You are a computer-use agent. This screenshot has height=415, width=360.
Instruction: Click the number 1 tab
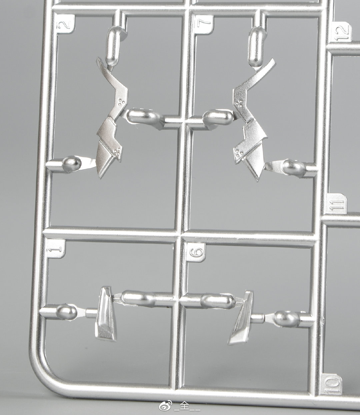(55, 249)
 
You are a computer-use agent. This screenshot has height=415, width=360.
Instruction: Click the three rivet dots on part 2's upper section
(121, 102)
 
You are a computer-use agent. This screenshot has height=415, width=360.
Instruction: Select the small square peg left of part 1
(91, 313)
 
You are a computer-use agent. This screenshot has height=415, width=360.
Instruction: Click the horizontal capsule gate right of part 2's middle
(143, 116)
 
